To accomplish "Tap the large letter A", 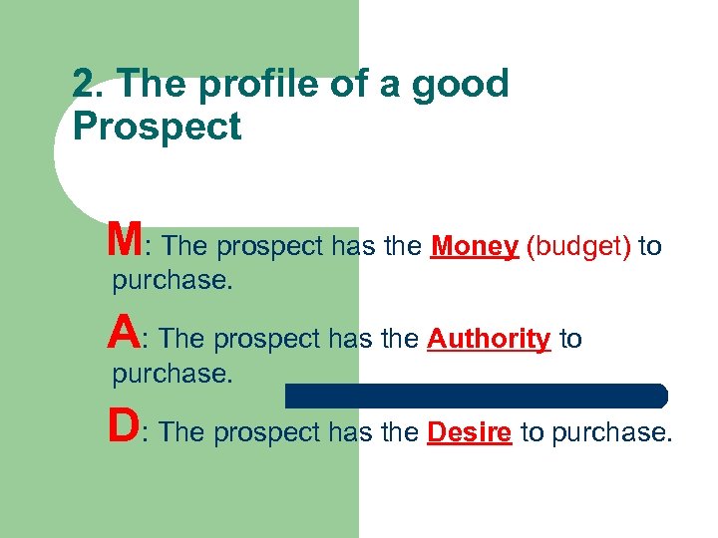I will [x=124, y=333].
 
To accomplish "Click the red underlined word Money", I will [x=474, y=246].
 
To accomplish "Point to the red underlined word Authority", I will [x=489, y=340].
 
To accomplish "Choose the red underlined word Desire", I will [x=470, y=432].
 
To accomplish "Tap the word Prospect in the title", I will [x=158, y=128].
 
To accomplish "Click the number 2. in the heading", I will [x=88, y=85].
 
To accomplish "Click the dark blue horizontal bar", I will [x=476, y=396].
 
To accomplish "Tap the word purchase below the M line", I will [x=172, y=281].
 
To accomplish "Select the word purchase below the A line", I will [x=172, y=375].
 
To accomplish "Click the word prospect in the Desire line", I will [x=263, y=433].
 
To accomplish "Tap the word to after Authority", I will [x=570, y=340].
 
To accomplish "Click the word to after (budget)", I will [x=650, y=246].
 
